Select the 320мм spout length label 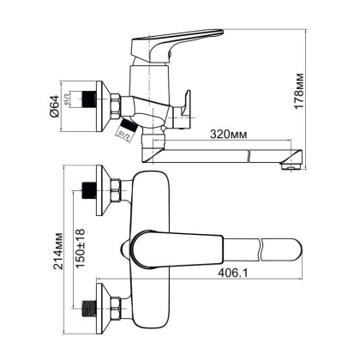(228, 135)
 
